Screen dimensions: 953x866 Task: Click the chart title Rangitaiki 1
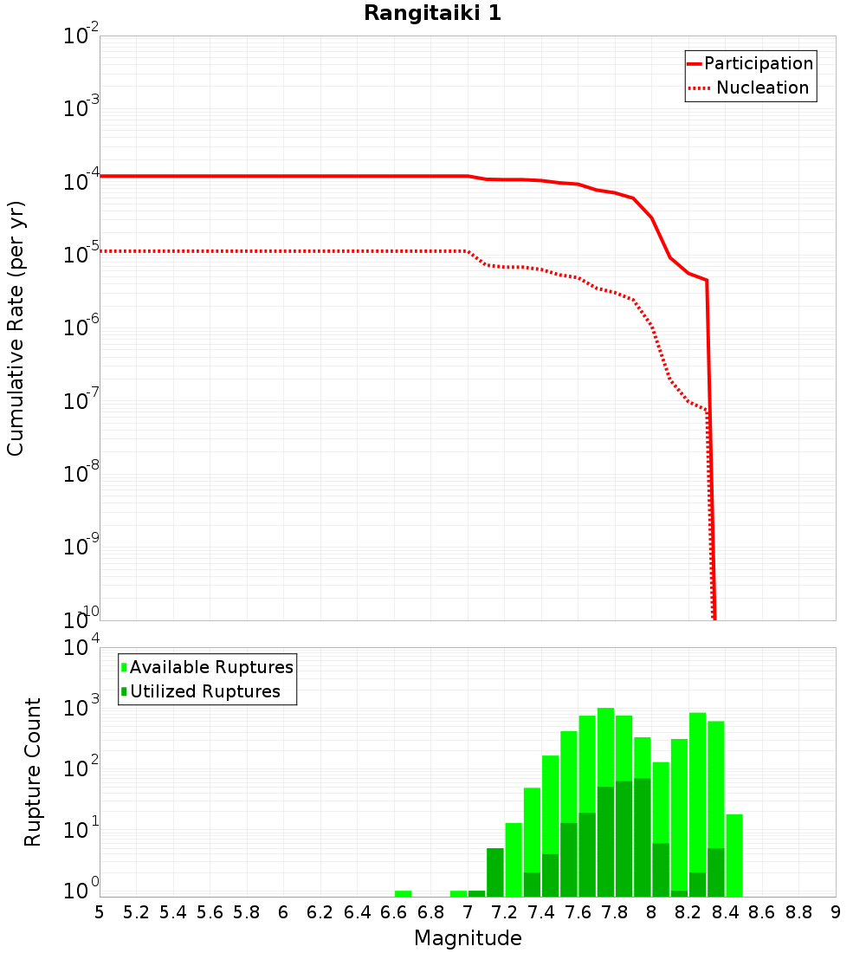point(432,14)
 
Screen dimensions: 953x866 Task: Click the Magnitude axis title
point(468,938)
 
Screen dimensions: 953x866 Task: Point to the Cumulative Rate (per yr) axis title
point(16,328)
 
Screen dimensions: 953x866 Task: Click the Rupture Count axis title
point(33,772)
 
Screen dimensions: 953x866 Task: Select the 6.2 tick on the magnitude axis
point(320,912)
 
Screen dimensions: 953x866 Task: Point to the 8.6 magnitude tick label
point(762,912)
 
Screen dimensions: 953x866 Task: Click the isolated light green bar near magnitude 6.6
point(403,893)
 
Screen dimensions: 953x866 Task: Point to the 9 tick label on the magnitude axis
point(836,912)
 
